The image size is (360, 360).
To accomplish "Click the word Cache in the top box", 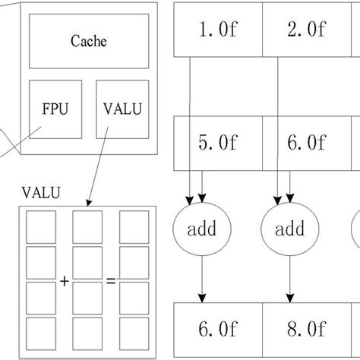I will (x=88, y=41).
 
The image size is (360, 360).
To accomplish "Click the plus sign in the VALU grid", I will (x=65, y=281).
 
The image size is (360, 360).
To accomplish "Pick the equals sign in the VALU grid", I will (x=111, y=281).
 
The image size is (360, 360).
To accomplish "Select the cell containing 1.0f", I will (x=218, y=30).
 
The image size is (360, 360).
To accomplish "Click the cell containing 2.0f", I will (x=306, y=30).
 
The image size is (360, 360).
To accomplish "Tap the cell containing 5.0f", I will (x=218, y=142).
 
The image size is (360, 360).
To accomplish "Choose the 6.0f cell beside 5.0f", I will (x=306, y=142).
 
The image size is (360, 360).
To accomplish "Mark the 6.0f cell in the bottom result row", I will (x=218, y=330).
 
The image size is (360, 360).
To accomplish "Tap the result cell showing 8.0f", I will (x=306, y=330).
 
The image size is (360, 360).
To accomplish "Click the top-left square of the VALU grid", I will (x=41, y=226).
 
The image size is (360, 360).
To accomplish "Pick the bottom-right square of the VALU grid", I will (x=134, y=333).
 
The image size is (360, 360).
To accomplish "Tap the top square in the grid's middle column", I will (x=87, y=226).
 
